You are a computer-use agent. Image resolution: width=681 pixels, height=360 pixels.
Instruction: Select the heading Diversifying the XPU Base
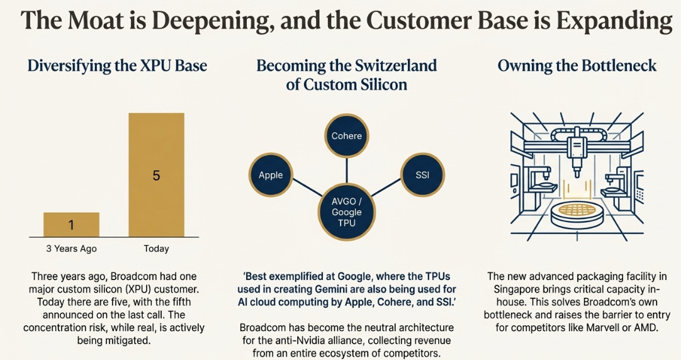point(117,65)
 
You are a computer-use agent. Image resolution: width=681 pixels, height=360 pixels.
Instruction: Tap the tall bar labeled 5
point(156,175)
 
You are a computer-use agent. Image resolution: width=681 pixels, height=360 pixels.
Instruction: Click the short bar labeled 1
point(71,225)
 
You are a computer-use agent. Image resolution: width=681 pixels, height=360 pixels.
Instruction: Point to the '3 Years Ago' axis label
point(71,249)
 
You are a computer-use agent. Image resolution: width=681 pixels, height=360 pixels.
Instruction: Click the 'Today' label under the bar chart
point(156,249)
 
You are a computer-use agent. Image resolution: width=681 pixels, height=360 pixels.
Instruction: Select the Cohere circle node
point(346,136)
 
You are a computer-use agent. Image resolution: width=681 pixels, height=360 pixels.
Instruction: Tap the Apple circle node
point(271,175)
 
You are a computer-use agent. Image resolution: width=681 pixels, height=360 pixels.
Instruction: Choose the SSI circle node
point(422,175)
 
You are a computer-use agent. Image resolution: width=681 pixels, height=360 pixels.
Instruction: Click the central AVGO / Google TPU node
point(346,212)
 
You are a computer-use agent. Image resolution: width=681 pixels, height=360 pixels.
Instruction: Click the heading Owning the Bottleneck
point(577,65)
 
